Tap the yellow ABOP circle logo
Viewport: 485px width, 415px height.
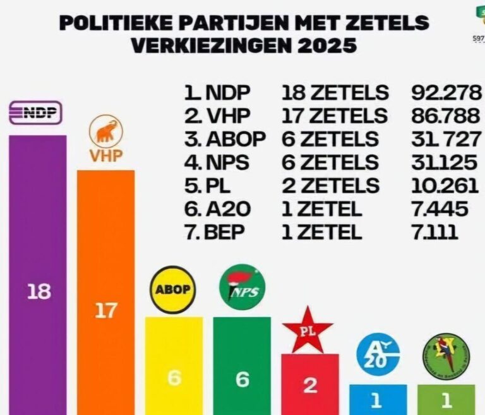click(173, 290)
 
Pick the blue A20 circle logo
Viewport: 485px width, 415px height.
click(378, 355)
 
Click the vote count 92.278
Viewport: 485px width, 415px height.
click(445, 93)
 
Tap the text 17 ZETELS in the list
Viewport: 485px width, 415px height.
click(334, 116)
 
